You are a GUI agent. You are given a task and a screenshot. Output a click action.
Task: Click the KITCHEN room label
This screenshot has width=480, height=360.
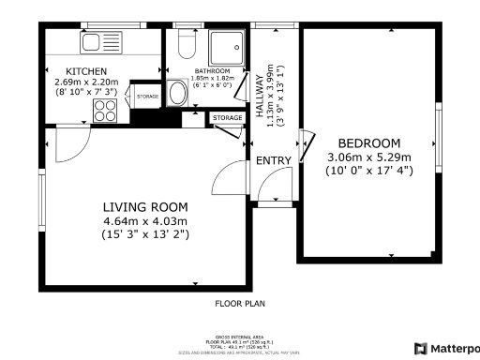click(x=85, y=71)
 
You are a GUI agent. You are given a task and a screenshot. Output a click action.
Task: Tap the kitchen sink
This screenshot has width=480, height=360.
click(x=97, y=42)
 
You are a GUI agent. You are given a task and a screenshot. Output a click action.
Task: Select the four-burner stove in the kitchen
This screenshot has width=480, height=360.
click(x=104, y=110)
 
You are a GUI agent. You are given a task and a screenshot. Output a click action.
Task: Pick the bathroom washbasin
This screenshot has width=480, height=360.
click(x=177, y=93)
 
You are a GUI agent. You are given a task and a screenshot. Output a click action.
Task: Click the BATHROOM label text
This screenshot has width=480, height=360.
click(x=212, y=70)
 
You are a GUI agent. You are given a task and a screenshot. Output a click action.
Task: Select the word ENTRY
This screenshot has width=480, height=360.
click(x=274, y=160)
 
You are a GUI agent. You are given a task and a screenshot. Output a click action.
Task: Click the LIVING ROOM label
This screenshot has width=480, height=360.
click(x=145, y=207)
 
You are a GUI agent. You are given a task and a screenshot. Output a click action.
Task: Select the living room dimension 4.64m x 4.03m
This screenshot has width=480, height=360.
click(x=145, y=220)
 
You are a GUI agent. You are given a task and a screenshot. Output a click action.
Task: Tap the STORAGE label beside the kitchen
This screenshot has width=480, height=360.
click(x=147, y=96)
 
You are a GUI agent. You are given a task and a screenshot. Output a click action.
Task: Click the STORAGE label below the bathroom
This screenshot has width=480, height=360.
click(x=226, y=117)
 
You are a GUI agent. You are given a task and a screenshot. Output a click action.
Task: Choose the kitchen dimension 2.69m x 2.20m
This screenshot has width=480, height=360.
click(x=85, y=82)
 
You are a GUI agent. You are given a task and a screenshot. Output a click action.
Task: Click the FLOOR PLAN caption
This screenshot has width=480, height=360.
click(x=240, y=303)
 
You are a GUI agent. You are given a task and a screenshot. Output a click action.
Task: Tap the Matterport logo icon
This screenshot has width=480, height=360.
click(x=420, y=348)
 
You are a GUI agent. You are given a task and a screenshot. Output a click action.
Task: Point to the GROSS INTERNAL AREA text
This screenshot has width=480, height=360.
click(x=240, y=335)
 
